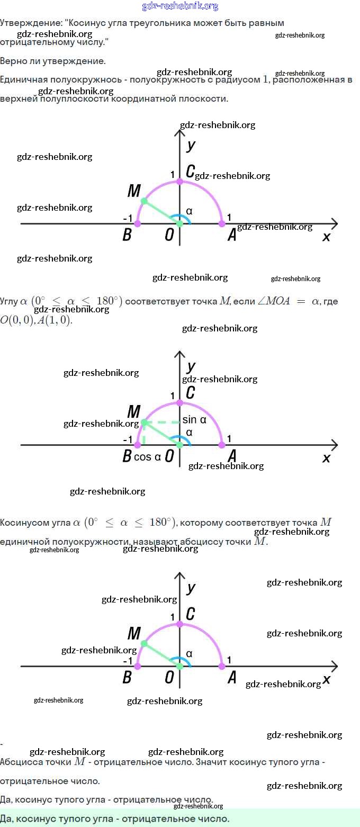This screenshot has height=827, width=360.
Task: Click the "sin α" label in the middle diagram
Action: [x=194, y=420]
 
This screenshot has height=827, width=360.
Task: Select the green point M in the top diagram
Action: [x=144, y=201]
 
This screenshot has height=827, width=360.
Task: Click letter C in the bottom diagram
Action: [x=191, y=614]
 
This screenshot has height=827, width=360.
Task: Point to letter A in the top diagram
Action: [x=231, y=236]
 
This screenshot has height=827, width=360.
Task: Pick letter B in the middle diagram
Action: [x=127, y=456]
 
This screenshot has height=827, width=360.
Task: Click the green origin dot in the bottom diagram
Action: [x=179, y=666]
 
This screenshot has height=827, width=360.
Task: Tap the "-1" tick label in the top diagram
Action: [x=127, y=219]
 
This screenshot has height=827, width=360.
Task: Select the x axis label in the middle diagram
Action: [x=326, y=458]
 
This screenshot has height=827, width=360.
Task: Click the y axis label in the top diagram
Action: [x=191, y=145]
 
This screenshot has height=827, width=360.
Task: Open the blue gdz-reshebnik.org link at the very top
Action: [x=180, y=6]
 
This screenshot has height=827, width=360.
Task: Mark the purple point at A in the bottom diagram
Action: [x=222, y=666]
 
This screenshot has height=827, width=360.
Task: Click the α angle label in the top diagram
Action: [x=189, y=211]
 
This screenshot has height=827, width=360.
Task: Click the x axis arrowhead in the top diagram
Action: [x=334, y=223]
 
